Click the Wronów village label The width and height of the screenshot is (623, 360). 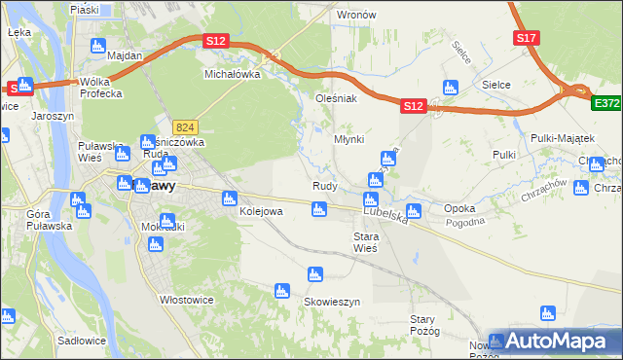355,16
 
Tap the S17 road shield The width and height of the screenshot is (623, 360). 527,38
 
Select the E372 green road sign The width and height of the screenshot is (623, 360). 606,101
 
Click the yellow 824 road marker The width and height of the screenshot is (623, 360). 187,127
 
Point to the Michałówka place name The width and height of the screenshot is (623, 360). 232,74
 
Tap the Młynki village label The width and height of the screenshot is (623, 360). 348,139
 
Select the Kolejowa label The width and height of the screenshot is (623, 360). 260,211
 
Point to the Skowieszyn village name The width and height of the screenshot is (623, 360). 332,303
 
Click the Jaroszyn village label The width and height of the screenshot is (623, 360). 53,114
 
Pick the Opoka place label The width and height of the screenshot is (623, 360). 458,209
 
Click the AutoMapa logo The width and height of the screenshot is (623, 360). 555,342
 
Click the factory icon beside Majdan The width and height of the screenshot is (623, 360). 97,46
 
